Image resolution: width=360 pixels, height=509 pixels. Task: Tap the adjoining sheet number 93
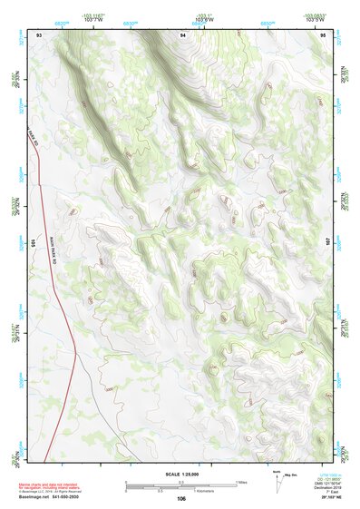point(39,34)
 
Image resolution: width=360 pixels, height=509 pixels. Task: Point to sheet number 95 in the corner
point(324,34)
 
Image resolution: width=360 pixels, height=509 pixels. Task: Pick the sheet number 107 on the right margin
point(330,243)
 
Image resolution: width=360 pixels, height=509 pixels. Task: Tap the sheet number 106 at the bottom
point(182,498)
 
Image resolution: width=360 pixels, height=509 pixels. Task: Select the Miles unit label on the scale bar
point(242,482)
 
